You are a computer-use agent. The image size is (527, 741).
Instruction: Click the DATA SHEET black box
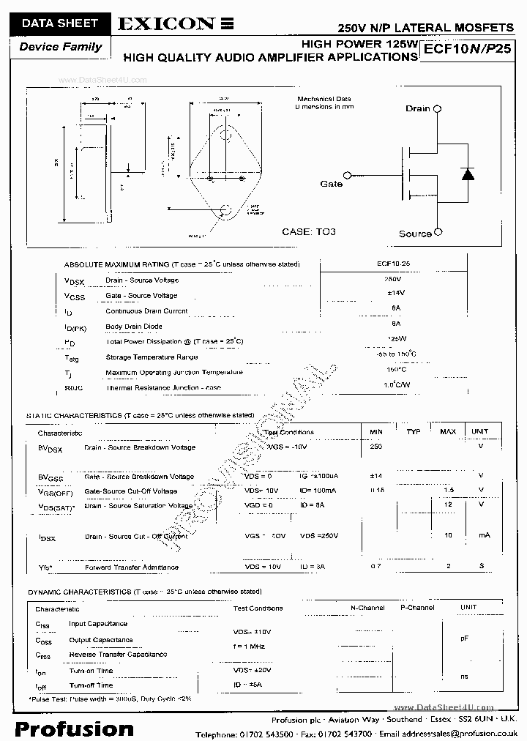click(x=59, y=23)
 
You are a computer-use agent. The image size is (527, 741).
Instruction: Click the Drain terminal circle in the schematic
click(x=437, y=108)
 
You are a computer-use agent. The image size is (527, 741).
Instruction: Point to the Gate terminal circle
click(x=348, y=175)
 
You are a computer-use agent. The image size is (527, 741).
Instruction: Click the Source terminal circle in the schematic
click(x=438, y=233)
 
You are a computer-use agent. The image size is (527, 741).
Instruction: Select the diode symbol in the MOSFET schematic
click(x=467, y=174)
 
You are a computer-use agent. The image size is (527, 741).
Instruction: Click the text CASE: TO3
click(x=309, y=231)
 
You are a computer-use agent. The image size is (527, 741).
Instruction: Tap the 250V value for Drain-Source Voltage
click(x=393, y=280)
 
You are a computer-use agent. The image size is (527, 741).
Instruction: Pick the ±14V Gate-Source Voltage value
click(x=395, y=293)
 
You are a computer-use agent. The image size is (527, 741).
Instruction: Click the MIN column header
click(x=376, y=432)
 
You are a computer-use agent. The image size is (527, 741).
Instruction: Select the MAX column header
click(x=447, y=432)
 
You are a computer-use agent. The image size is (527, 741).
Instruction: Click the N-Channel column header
click(x=367, y=608)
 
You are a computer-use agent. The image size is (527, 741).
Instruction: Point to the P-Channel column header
click(x=416, y=608)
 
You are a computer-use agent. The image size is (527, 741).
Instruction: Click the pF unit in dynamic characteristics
click(x=464, y=638)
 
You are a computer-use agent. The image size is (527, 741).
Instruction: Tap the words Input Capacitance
click(x=98, y=624)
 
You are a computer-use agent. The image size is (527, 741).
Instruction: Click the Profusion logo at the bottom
click(x=75, y=729)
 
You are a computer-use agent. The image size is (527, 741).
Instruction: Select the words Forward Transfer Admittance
click(x=132, y=567)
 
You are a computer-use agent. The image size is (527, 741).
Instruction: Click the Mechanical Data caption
click(x=324, y=99)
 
